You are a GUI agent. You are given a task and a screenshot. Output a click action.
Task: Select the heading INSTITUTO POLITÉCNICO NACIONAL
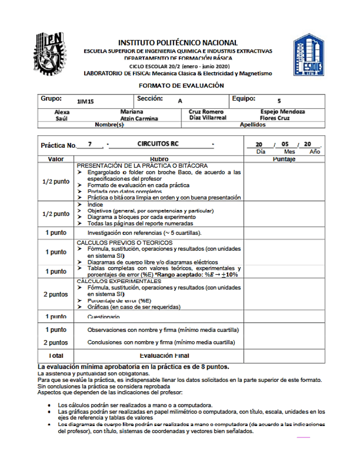178,42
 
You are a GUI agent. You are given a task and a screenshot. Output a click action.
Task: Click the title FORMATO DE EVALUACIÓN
181,86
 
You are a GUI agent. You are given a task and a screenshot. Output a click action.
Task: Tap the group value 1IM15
85,101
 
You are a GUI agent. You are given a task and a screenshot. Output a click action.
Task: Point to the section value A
180,101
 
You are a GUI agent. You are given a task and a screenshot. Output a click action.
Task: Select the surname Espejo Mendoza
283,112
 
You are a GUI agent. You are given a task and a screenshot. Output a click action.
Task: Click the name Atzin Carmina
139,118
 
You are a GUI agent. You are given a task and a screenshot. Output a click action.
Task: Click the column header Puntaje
284,159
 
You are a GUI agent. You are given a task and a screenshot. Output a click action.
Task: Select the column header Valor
56,159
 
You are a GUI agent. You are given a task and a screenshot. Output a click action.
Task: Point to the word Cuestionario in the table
103,317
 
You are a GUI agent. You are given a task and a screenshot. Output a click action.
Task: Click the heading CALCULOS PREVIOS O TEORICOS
125,242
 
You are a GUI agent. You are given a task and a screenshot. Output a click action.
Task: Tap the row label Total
56,356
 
